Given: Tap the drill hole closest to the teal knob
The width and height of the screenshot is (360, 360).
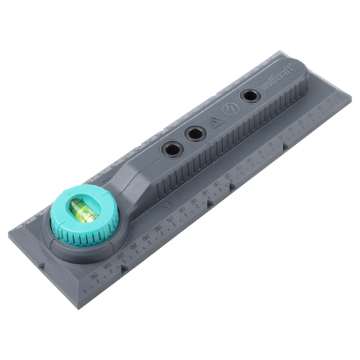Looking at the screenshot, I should click(170, 148).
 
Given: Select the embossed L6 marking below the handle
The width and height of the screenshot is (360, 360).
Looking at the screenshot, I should click(167, 206).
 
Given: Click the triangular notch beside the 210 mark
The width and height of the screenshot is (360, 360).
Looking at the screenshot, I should click(120, 266).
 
